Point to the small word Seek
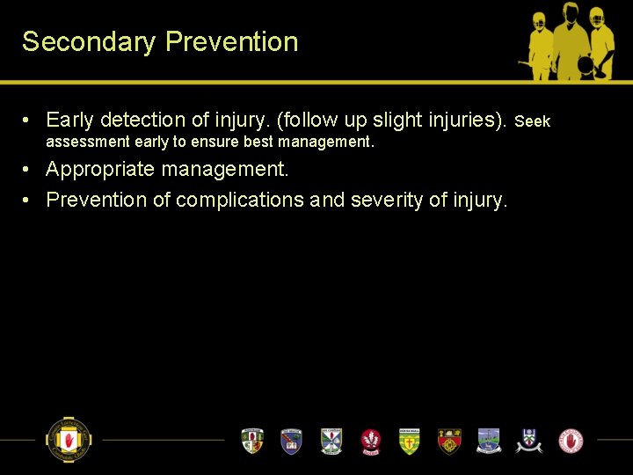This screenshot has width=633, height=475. [532, 121]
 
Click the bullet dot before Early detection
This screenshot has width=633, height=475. [28, 120]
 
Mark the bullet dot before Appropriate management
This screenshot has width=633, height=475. [28, 169]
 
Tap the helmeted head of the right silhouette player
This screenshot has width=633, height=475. [600, 18]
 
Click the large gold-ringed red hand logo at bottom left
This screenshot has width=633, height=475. [68, 439]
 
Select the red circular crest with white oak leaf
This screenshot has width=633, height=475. [370, 440]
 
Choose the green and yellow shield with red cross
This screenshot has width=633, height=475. [409, 440]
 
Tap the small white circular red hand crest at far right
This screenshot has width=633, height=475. [571, 440]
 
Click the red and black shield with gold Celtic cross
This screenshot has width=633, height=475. [449, 440]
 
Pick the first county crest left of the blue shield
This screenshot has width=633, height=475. [252, 440]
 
